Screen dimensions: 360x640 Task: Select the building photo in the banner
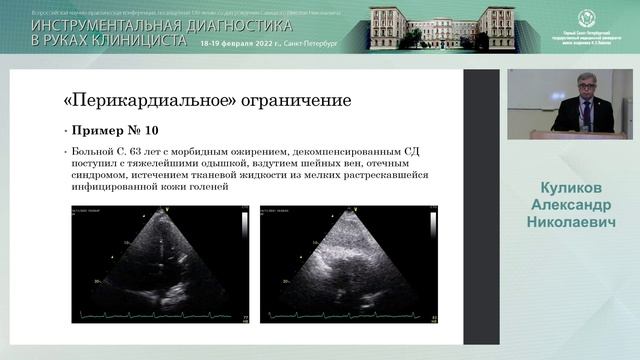(x=442, y=27)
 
